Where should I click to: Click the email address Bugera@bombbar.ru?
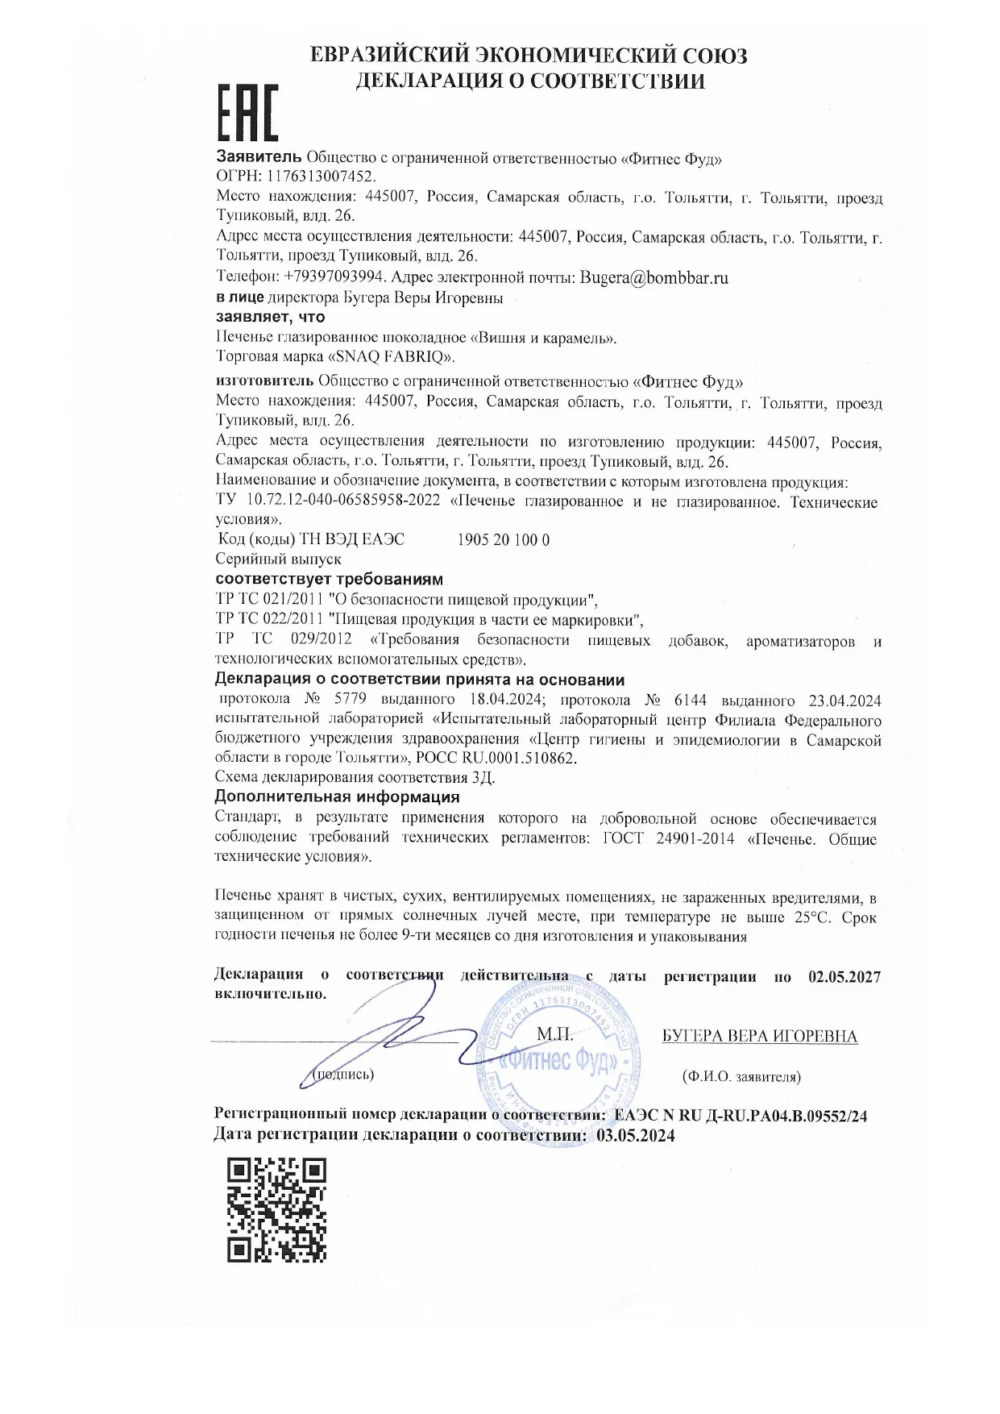654,277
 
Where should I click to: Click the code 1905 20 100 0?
503,540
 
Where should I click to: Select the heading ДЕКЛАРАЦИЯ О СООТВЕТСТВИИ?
530,81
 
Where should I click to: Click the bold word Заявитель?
259,157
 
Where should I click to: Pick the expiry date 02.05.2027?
844,977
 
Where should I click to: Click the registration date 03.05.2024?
635,1135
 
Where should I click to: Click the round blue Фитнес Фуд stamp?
561,1061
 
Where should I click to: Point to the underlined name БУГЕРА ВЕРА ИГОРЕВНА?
759,1037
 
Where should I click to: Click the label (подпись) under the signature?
343,1075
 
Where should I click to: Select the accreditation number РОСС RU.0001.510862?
497,759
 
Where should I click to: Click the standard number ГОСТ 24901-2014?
669,838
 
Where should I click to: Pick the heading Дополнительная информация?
337,797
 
